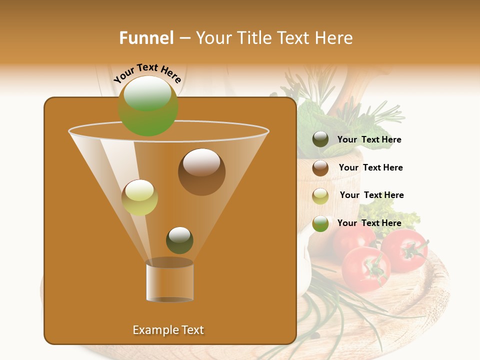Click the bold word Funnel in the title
(146, 38)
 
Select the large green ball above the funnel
(148, 105)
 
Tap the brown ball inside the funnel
(201, 172)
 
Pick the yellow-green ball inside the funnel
(139, 197)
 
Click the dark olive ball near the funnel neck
(179, 240)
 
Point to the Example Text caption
(168, 330)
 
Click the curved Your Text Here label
(147, 73)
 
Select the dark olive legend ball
(320, 139)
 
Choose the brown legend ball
(320, 168)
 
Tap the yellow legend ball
(320, 196)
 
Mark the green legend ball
(320, 223)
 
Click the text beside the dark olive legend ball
(369, 140)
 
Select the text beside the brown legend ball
(370, 168)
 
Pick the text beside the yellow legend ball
(371, 195)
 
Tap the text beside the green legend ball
(369, 223)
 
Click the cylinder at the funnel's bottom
(169, 281)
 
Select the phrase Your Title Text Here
(274, 38)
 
